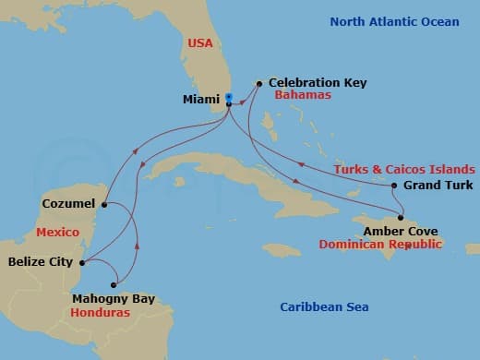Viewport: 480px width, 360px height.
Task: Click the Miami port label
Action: point(201,99)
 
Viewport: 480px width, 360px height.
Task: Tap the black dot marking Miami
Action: point(228,103)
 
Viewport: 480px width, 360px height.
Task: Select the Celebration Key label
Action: point(318,83)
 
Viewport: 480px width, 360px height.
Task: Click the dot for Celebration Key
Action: point(259,83)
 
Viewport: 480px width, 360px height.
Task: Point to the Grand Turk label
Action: point(438,186)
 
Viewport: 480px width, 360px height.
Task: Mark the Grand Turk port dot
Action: point(394,186)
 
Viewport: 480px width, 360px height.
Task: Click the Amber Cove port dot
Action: point(400,218)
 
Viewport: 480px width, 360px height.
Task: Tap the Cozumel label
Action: point(68,203)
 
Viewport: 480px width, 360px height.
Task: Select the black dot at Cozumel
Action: point(104,204)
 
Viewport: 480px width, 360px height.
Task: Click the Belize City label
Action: point(40,262)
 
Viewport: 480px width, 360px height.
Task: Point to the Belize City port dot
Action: point(82,263)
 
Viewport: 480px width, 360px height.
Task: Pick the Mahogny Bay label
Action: point(113,299)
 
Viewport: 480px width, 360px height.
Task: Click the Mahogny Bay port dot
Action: point(114,284)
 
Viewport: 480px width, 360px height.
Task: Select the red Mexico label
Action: point(57,232)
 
